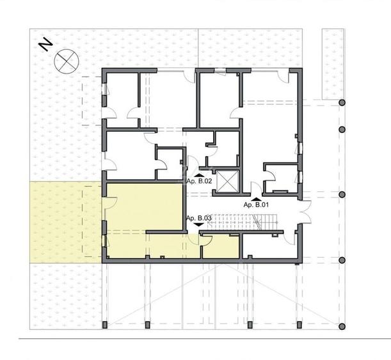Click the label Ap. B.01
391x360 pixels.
(x=255, y=204)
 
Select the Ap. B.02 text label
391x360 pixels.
(x=198, y=181)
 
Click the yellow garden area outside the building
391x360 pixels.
(x=64, y=221)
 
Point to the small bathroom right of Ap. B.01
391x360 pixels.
(x=282, y=177)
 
